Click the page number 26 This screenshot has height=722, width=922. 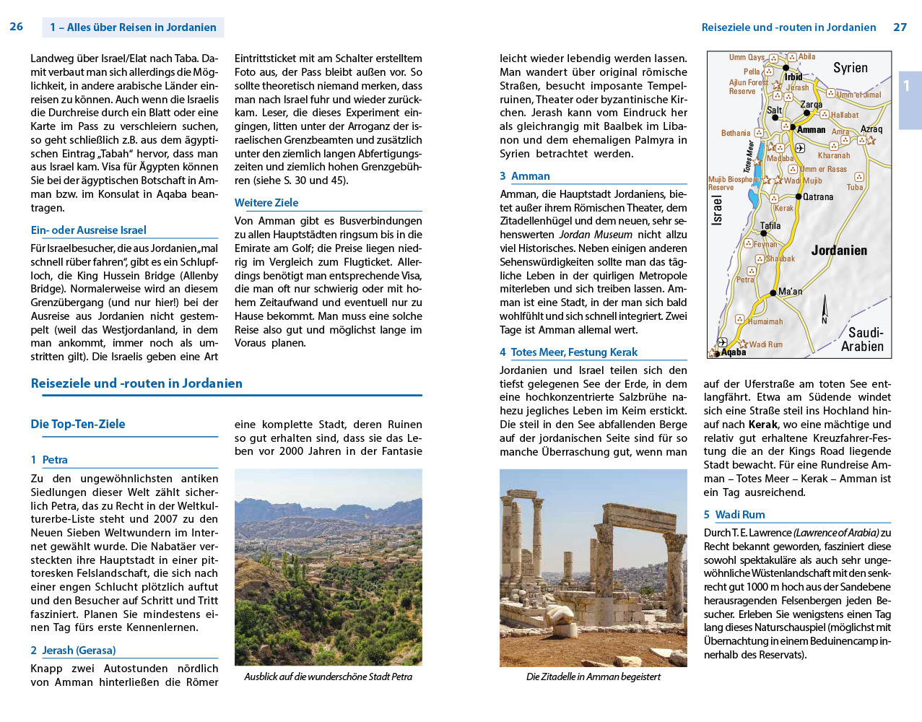pos(16,27)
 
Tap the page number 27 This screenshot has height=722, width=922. pos(900,27)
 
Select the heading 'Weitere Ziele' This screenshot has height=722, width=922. pos(266,203)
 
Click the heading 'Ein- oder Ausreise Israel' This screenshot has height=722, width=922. pos(88,230)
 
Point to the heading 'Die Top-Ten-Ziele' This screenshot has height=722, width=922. pos(78,424)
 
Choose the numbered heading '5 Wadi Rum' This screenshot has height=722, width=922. pos(734,515)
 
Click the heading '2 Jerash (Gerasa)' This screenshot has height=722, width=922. pos(73,651)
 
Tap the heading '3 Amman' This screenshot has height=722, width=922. pos(525,176)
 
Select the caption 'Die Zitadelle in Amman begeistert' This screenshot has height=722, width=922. pos(593,677)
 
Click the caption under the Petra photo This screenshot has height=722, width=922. pos(328,677)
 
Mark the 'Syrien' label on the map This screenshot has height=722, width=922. pos(851,68)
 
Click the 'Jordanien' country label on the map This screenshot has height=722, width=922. pos(839,251)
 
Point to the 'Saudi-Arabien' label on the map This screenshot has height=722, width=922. pos(864,339)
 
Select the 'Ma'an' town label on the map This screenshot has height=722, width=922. pos(791,292)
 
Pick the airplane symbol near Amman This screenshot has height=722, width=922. pos(800,148)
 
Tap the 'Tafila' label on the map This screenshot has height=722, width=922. pos(770,226)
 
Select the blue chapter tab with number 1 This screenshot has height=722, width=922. pos(908,87)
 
